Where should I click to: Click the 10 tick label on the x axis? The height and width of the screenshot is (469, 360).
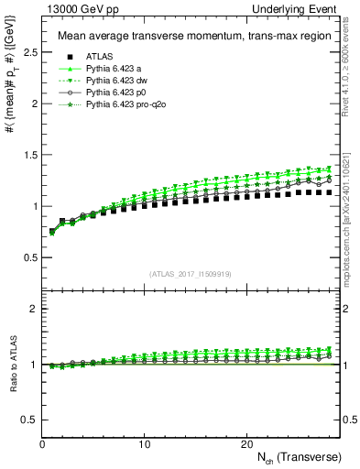coord(144,444)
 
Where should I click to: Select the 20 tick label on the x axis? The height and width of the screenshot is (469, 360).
coord(245,444)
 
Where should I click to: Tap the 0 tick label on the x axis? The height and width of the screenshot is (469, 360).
coord(42,444)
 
